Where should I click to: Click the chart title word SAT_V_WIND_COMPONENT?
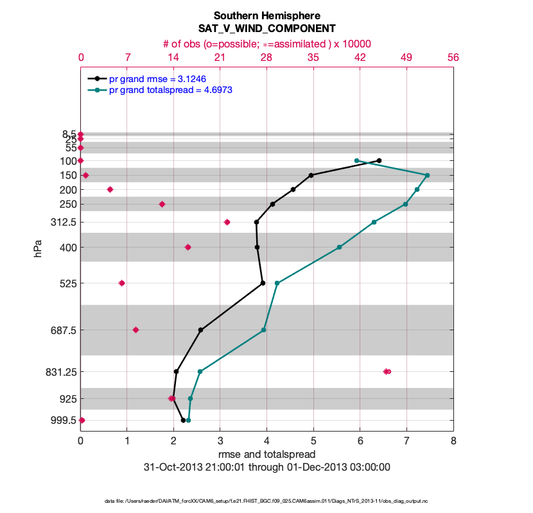(266, 28)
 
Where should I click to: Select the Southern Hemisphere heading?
(266, 15)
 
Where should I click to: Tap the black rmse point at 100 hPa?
(379, 160)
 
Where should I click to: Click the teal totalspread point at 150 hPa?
(427, 175)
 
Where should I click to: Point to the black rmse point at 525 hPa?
(263, 283)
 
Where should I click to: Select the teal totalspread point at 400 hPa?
(339, 247)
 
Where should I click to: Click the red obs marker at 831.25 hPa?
(387, 371)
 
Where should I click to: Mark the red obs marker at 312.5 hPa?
(227, 222)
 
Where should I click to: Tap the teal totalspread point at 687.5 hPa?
(263, 330)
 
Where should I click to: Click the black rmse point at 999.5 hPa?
(184, 420)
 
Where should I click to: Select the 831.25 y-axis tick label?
(60, 371)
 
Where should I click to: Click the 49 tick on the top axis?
(406, 58)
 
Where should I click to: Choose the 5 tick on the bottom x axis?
(313, 441)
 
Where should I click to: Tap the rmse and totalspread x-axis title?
(266, 455)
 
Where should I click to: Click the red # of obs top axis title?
(266, 44)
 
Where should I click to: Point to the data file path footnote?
(266, 501)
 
